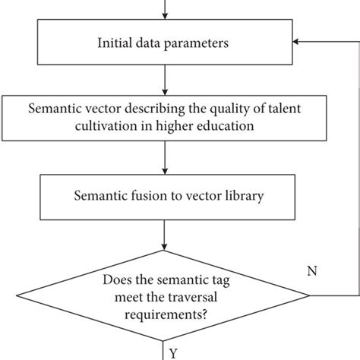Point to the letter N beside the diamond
pyautogui.click(x=311, y=271)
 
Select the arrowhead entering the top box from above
pyautogui.click(x=164, y=15)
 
